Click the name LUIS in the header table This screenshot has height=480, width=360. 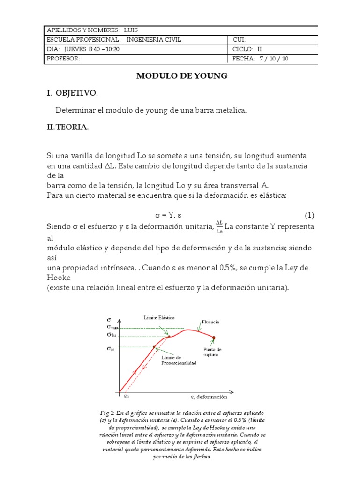point(131,30)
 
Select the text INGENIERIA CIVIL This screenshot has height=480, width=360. point(154,40)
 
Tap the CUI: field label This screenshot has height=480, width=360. point(239,40)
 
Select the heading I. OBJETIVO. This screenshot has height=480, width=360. point(72,93)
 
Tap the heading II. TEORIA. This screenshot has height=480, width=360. point(67,127)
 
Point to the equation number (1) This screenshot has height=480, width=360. point(309,216)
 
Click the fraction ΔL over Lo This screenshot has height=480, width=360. point(219,226)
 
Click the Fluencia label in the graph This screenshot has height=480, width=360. point(210,322)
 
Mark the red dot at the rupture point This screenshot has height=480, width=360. point(214,337)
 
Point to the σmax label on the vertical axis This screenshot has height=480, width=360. point(112,326)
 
